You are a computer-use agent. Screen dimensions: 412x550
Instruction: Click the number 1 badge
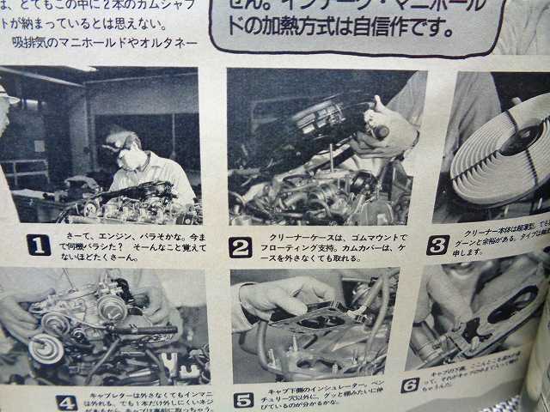click(37, 245)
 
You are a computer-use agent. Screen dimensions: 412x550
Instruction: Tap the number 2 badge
click(240, 247)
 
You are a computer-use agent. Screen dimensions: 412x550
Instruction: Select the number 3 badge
click(437, 245)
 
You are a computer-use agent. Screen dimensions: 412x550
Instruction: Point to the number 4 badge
click(67, 403)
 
